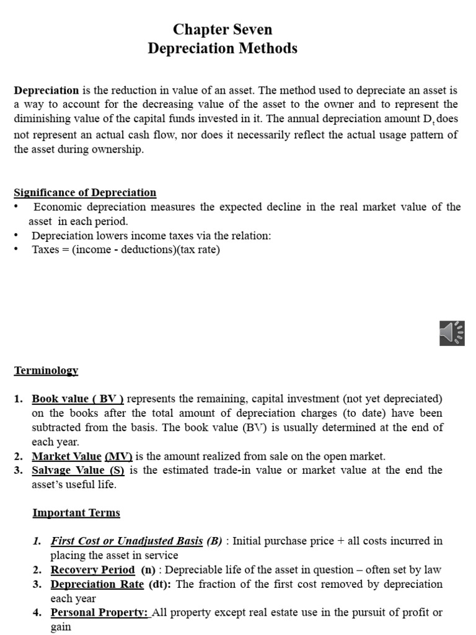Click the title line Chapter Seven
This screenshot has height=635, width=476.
[x=223, y=29]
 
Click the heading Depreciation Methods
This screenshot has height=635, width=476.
[x=223, y=48]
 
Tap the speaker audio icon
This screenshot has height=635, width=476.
[x=451, y=333]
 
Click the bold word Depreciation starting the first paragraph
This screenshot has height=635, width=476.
[x=46, y=91]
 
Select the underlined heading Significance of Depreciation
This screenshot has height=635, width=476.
[x=85, y=192]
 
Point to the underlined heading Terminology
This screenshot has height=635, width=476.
[x=46, y=370]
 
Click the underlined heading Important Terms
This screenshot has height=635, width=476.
[x=76, y=513]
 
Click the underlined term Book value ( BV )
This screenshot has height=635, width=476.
[x=78, y=398]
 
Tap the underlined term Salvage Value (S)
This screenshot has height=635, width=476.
[x=78, y=470]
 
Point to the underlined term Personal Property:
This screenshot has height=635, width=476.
[x=100, y=613]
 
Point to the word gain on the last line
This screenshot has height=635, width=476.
[x=61, y=627]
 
